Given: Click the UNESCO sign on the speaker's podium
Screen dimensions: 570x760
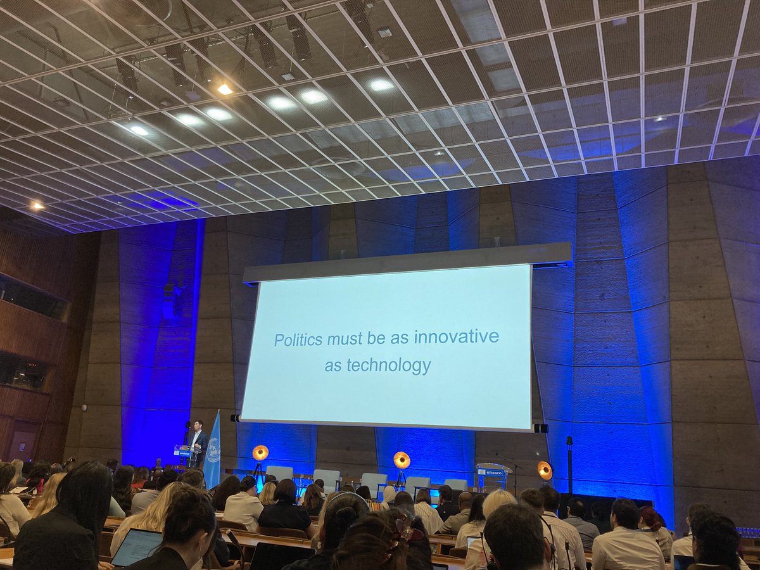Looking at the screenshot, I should [x=182, y=453].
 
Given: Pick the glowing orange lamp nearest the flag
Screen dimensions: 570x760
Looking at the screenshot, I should [x=260, y=453].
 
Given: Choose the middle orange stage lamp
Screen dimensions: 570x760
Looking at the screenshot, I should [x=402, y=460].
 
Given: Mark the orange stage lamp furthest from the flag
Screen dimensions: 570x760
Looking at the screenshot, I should [x=545, y=470].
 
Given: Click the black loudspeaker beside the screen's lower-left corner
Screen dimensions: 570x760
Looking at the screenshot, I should [x=235, y=418].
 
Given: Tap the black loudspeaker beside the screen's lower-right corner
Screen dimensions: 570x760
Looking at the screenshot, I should [x=540, y=428].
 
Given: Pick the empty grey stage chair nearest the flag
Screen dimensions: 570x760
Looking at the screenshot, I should [x=279, y=473].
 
